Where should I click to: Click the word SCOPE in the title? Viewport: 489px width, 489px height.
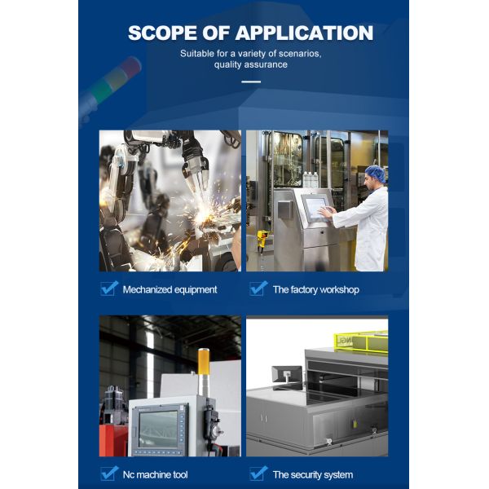(x=162, y=33)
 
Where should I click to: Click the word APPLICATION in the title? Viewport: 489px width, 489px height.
(x=304, y=33)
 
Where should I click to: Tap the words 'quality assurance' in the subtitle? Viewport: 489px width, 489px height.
(x=251, y=64)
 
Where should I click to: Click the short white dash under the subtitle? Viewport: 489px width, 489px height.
(x=251, y=81)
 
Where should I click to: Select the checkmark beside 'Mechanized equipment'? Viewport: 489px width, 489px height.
(x=109, y=289)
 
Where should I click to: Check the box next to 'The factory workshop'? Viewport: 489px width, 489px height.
(x=258, y=289)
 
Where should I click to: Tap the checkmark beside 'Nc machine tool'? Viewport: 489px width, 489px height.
(x=109, y=474)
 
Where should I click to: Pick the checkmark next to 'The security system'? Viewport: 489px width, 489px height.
(x=258, y=474)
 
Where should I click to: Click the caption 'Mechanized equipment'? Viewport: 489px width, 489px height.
(x=170, y=289)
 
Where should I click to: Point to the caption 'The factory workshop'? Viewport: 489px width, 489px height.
(x=316, y=289)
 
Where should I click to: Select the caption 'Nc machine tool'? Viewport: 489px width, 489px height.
(x=156, y=474)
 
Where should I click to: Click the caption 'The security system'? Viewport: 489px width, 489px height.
(x=313, y=474)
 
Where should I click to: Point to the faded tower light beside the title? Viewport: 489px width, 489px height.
(x=110, y=88)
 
